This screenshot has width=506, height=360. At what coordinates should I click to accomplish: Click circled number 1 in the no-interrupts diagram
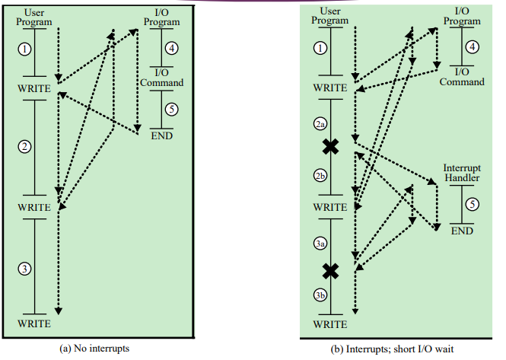(25, 49)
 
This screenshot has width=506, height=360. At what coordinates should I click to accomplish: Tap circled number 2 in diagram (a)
(25, 147)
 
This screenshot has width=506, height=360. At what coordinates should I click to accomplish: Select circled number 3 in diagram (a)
(25, 269)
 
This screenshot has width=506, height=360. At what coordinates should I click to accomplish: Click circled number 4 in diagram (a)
(173, 49)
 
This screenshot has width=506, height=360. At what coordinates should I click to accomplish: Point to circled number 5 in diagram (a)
(172, 109)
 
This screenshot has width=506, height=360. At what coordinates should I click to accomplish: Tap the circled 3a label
(320, 244)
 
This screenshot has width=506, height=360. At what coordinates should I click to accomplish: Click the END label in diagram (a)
(162, 136)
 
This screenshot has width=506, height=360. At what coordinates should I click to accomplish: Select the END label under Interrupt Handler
(462, 231)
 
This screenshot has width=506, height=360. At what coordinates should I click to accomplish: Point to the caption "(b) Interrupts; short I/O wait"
(396, 349)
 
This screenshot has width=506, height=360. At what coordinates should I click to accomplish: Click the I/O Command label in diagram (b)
(462, 77)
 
